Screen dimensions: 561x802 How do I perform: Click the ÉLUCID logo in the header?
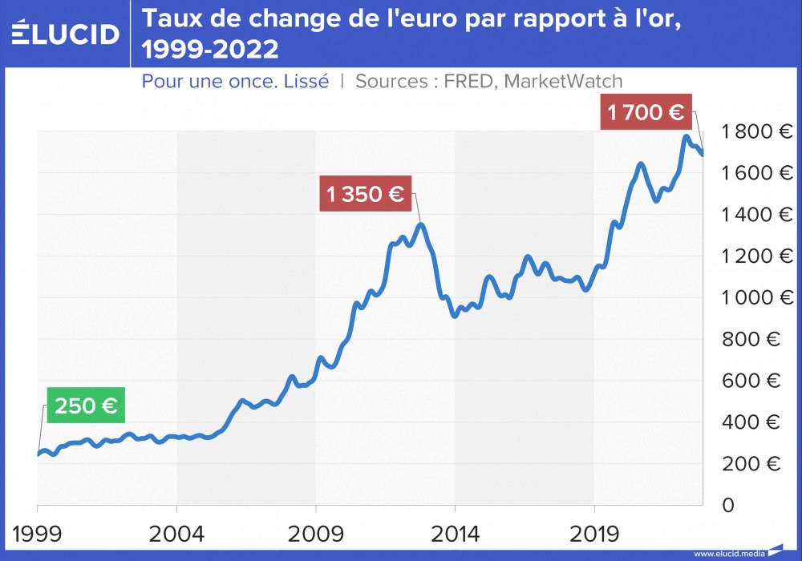tap(66, 33)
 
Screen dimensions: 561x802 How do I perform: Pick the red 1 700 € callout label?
tap(646, 112)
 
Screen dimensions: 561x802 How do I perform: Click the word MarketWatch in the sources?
tap(564, 81)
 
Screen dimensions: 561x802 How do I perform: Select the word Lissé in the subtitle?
tap(306, 81)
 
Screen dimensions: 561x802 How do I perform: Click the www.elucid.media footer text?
tap(728, 554)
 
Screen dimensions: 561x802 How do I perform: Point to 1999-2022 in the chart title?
tap(210, 50)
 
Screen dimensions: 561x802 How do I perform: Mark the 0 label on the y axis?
tap(727, 506)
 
